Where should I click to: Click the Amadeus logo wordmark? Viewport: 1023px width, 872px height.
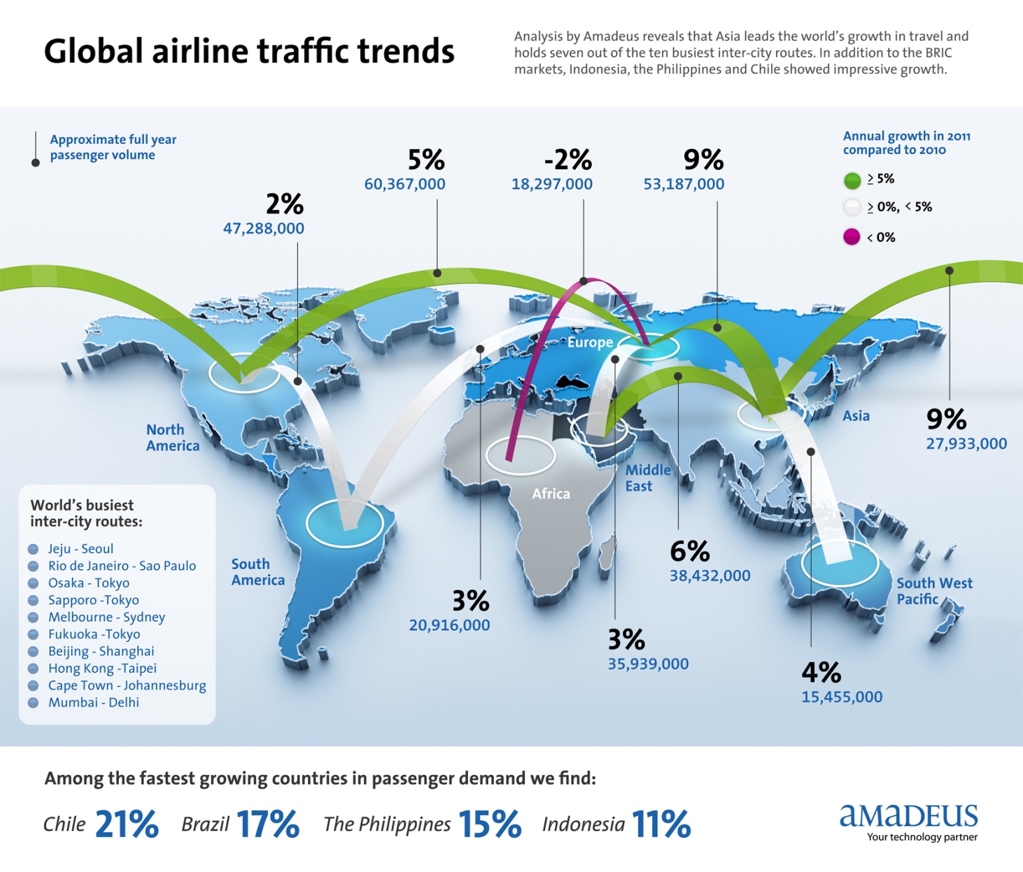908,815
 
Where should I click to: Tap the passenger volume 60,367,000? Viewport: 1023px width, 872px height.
404,184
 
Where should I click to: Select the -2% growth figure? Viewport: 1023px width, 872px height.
567,160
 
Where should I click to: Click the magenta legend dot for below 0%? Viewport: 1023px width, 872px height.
852,237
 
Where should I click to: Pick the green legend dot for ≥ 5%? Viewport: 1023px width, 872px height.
852,180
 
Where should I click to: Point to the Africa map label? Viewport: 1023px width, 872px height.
551,494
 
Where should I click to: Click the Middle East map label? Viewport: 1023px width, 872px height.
647,478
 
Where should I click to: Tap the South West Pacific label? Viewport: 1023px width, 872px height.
933,591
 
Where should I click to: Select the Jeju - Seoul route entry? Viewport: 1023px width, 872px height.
80,549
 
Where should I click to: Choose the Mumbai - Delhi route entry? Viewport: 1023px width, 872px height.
93,703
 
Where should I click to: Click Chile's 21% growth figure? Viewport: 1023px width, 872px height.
127,824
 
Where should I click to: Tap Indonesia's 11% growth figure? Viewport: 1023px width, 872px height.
661,824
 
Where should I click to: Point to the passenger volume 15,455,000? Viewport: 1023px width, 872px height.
842,697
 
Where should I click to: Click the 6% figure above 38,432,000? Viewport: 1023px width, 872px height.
689,552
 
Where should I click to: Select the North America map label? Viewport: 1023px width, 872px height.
172,438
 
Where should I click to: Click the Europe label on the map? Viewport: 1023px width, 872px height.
590,343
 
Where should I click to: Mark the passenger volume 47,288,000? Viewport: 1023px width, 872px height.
263,229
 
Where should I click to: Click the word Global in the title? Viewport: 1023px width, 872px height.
93,52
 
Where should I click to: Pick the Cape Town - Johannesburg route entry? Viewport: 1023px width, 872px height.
127,685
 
